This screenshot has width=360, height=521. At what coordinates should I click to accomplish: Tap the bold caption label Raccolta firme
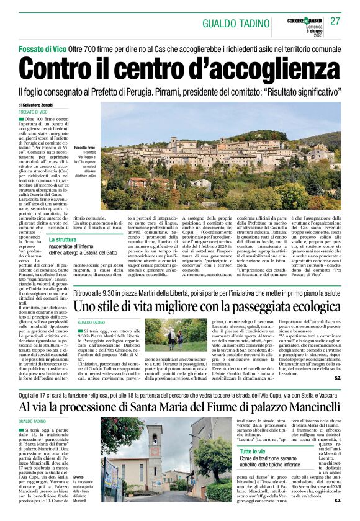pos(85,147)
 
